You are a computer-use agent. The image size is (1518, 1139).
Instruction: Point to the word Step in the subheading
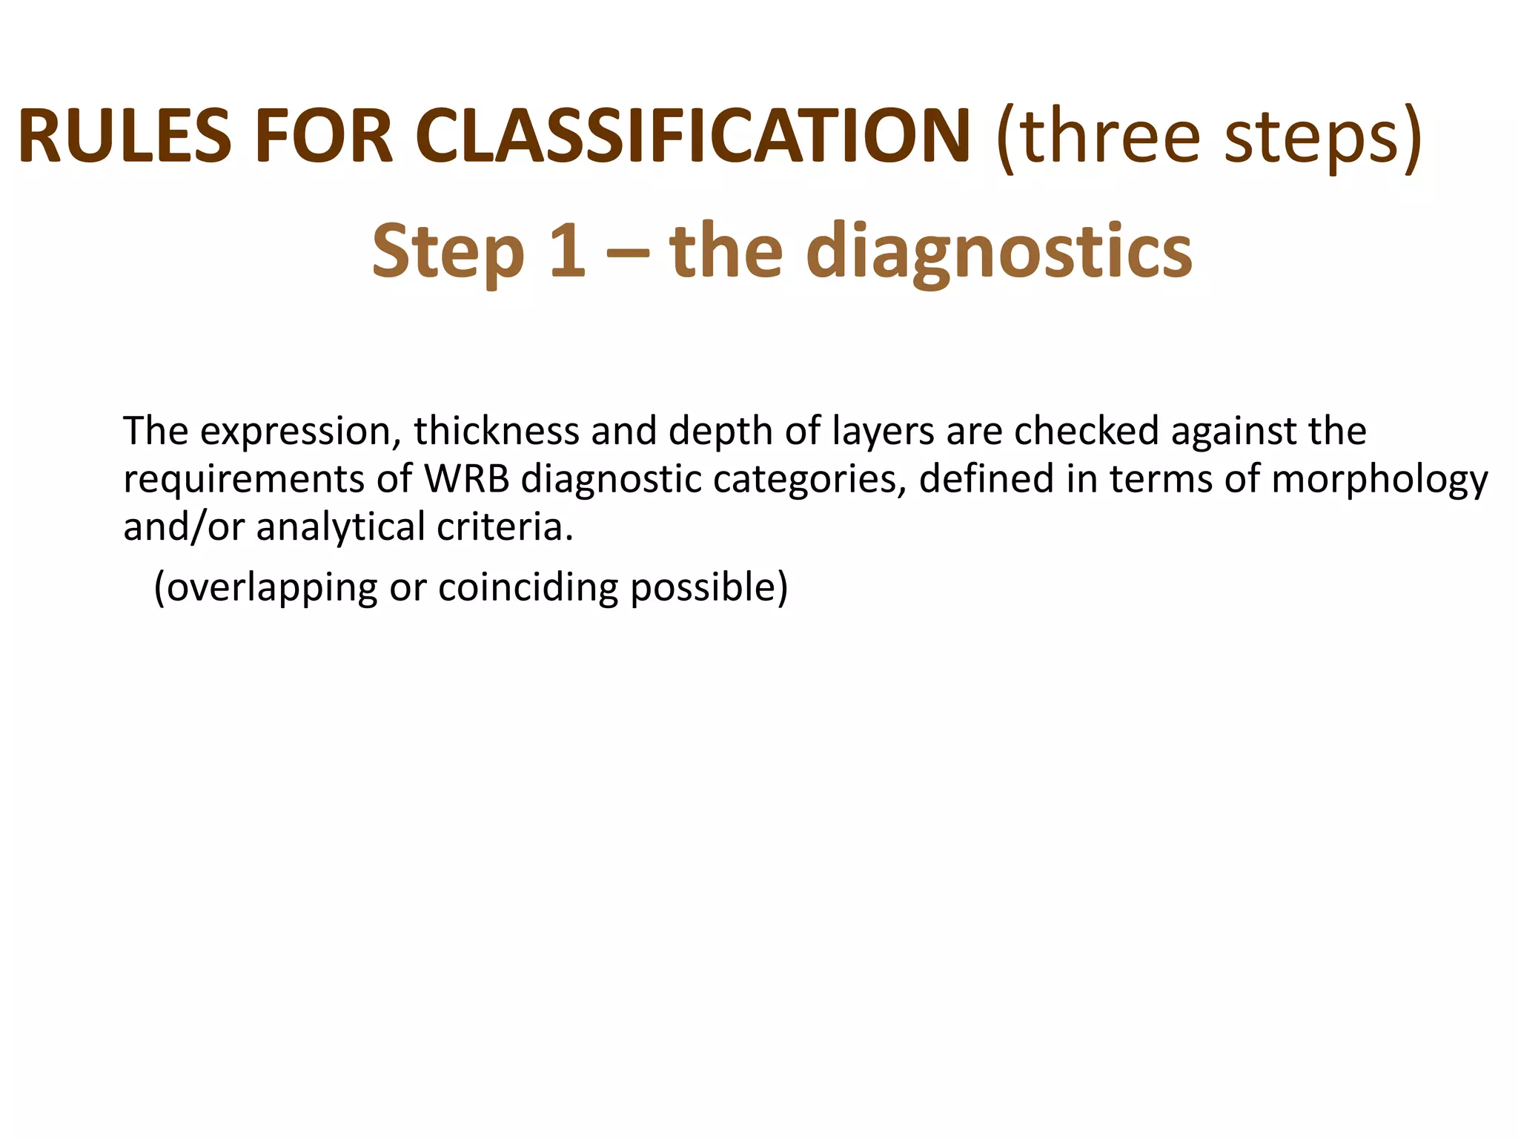pos(448,252)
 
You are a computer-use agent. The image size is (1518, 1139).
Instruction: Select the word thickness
pos(496,431)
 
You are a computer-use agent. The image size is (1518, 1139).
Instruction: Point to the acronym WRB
pos(467,479)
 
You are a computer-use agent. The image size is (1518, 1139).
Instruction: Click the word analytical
pos(341,528)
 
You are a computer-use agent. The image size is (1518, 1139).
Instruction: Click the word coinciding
pos(527,588)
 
